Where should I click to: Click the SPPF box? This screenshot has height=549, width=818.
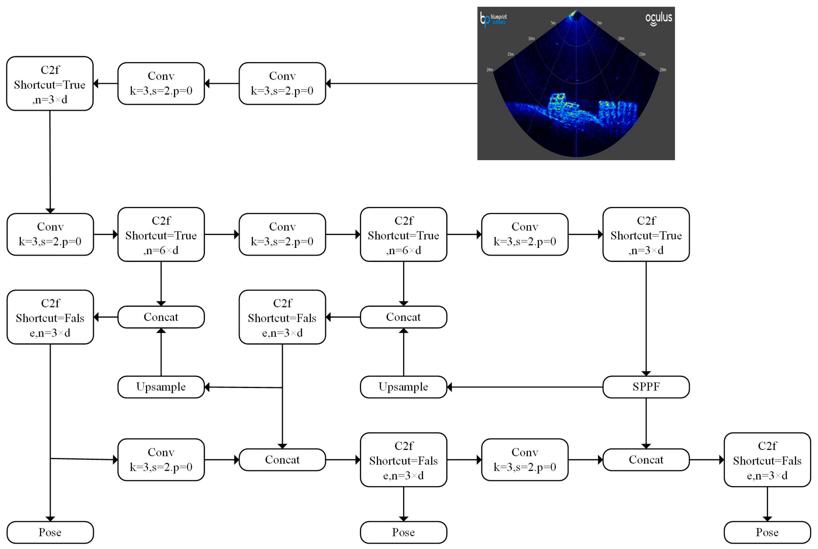point(646,387)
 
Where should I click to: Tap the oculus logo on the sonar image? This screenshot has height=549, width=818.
point(658,18)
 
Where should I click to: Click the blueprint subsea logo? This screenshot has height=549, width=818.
point(493,19)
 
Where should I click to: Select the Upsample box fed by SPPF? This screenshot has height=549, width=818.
point(403,387)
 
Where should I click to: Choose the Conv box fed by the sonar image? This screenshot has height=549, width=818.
point(282,83)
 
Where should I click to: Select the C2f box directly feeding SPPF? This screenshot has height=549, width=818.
point(646,234)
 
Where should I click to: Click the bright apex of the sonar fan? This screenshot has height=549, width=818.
point(575,14)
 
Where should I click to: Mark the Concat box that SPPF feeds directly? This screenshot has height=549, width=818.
point(646,460)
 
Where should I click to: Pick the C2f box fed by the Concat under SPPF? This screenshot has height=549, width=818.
point(767,460)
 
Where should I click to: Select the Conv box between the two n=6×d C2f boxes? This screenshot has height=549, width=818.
point(282,234)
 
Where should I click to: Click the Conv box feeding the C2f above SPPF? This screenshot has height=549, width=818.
point(525,234)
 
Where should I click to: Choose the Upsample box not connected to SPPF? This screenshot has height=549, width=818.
point(161,387)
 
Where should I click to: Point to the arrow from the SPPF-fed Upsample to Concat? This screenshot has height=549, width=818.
point(403,352)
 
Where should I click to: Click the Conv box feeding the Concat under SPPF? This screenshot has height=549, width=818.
point(525,460)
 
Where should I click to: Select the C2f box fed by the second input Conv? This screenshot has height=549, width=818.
point(50,83)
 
